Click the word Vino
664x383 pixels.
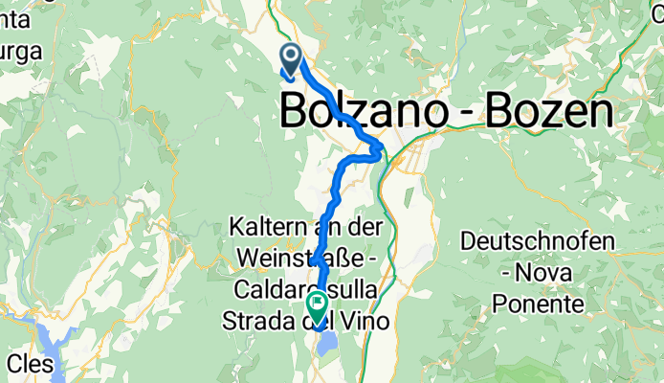point(366,321)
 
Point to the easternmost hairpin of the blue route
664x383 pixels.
point(380,149)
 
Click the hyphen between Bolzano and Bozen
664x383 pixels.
point(459,115)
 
